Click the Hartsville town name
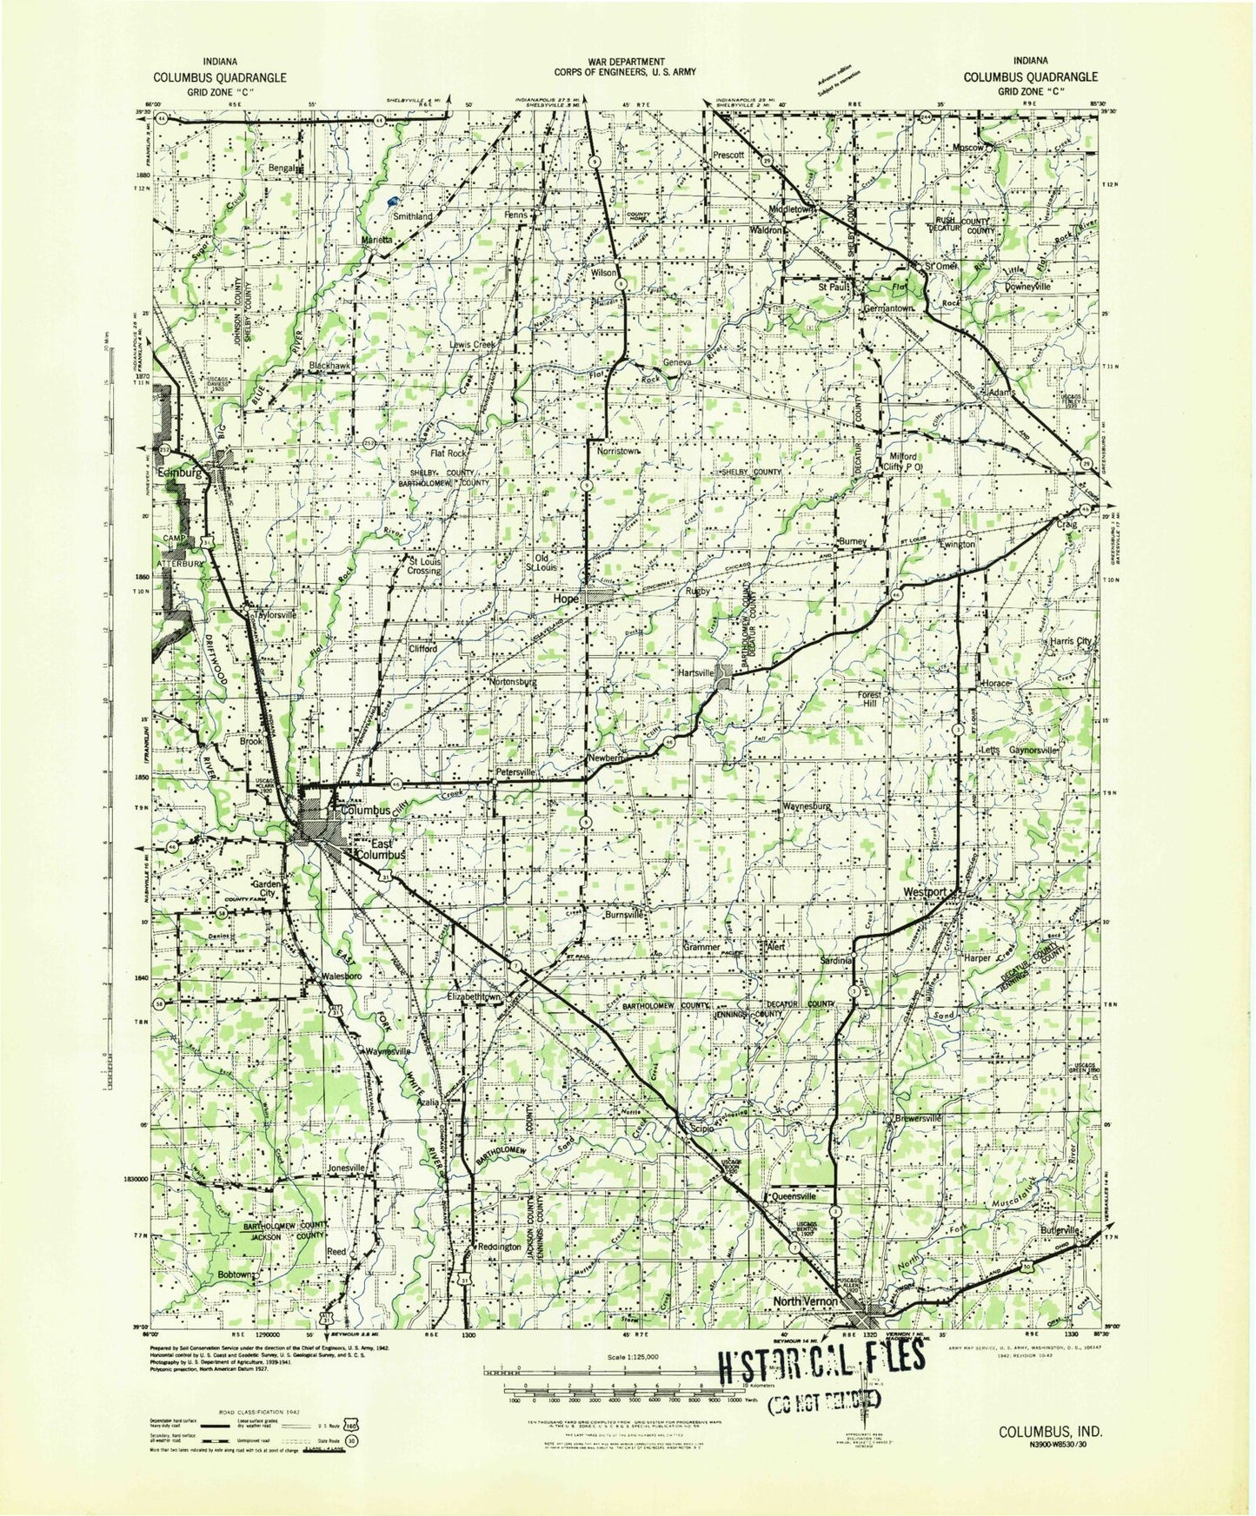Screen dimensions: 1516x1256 696,672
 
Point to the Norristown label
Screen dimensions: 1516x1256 617,452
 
